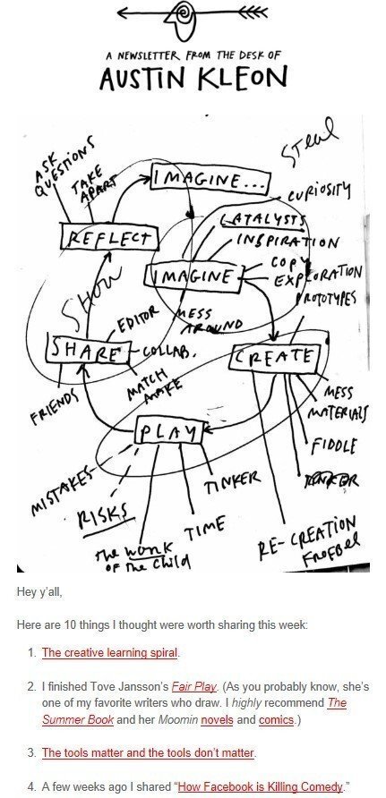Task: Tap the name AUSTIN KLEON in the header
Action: click(x=193, y=80)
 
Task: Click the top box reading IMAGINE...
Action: click(x=197, y=179)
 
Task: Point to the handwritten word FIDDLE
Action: click(x=334, y=445)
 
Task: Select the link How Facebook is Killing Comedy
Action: click(x=259, y=786)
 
